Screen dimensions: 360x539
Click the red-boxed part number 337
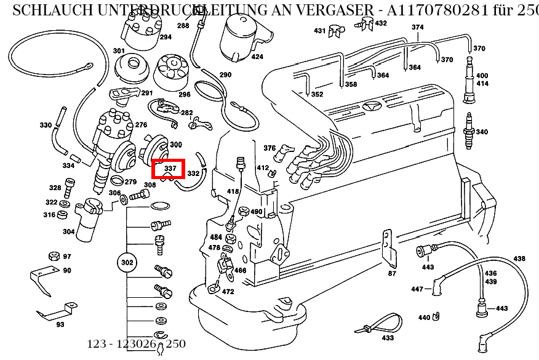[x=169, y=168]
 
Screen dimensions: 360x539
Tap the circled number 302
[x=127, y=262]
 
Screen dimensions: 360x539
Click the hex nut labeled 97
[x=53, y=256]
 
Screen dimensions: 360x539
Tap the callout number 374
[x=418, y=27]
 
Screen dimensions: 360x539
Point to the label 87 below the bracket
[x=392, y=273]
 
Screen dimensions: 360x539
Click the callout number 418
[x=233, y=191]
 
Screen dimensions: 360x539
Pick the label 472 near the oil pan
[x=228, y=291]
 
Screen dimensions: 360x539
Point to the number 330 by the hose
[x=46, y=125]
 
